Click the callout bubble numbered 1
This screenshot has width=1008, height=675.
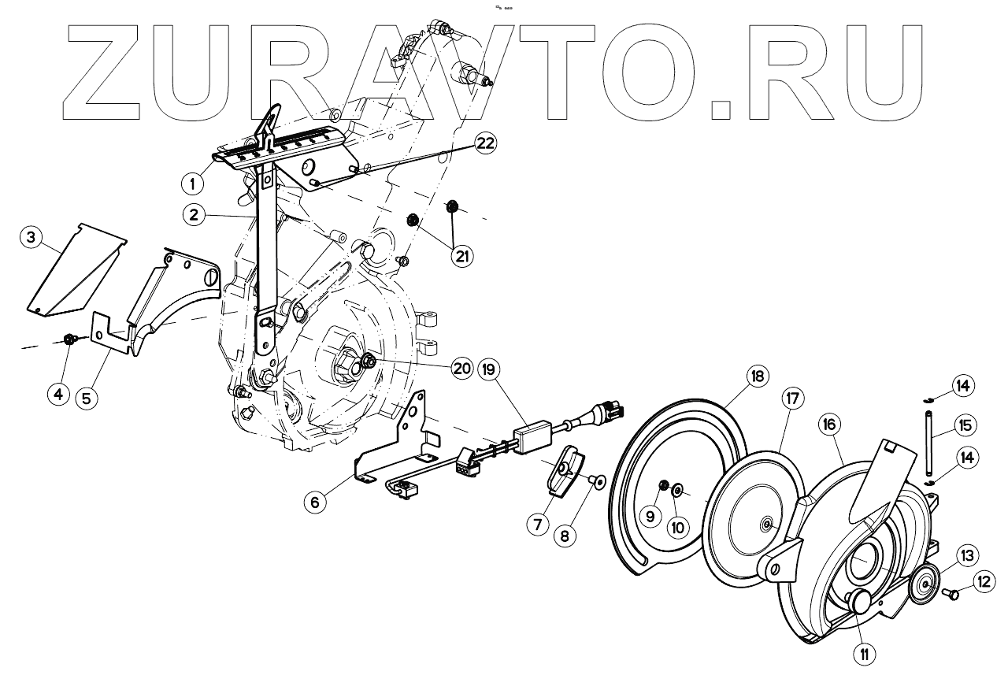point(191,184)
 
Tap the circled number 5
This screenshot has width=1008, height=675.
point(87,397)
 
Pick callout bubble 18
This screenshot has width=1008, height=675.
point(757,377)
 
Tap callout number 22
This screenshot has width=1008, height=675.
point(486,143)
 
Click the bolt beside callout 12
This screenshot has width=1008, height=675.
point(951,594)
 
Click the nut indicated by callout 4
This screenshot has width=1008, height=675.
point(69,339)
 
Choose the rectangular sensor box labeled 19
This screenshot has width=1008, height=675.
point(532,437)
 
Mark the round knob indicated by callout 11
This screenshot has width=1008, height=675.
point(858,602)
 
